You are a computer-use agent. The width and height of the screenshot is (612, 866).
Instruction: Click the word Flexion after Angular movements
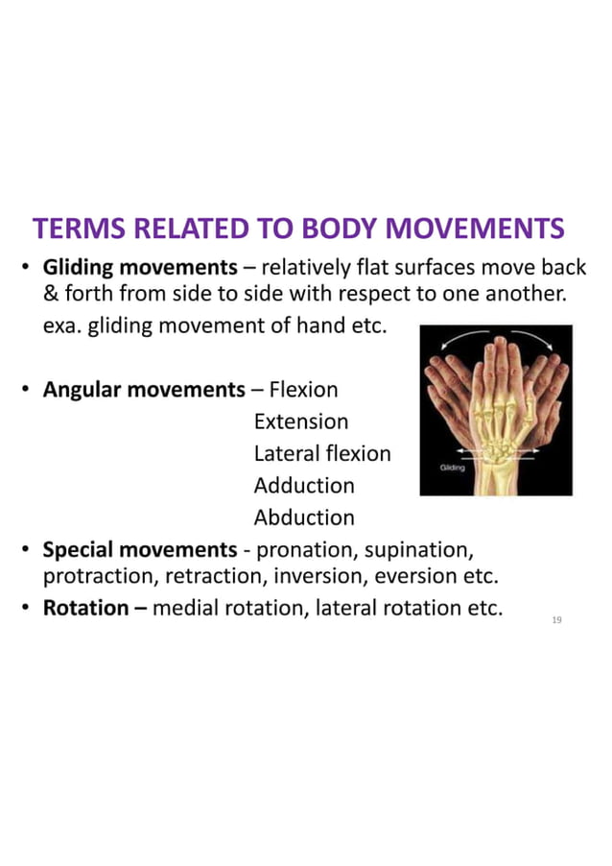(303, 390)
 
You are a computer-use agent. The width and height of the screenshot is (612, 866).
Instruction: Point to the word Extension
(300, 421)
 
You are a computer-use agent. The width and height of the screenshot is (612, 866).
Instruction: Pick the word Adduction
(304, 486)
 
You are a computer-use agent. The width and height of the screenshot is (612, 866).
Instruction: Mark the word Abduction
(304, 517)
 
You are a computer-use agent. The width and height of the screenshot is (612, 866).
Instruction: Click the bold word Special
(78, 550)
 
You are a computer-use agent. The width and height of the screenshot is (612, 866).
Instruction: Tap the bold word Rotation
(85, 608)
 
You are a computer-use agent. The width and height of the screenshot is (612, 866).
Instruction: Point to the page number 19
(556, 621)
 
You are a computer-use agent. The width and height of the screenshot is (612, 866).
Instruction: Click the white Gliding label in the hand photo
(453, 468)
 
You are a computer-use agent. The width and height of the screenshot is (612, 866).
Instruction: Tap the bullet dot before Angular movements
(29, 391)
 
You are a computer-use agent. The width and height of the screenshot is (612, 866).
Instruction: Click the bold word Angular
(81, 390)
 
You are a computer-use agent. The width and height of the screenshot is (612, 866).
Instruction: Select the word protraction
(100, 577)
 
